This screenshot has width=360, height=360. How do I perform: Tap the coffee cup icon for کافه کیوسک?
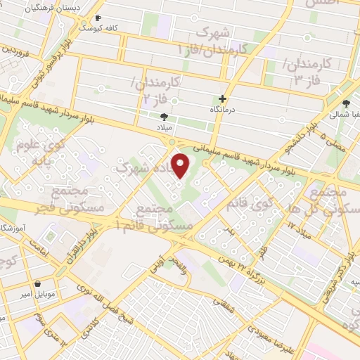coord(98,19)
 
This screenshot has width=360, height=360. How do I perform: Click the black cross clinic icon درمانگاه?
coord(224,99)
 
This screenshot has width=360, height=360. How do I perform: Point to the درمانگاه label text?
coord(224,111)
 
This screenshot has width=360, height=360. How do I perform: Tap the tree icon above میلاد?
coord(165,117)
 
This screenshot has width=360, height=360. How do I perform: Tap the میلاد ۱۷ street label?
coord(302,229)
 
